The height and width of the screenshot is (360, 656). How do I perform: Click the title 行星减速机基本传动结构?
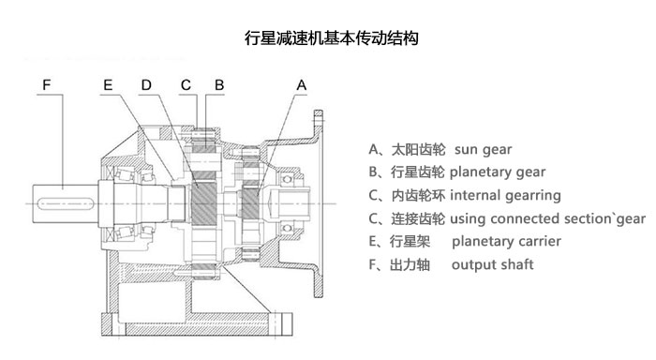[x=329, y=39]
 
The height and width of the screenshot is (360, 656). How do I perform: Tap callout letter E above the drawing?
[x=109, y=85]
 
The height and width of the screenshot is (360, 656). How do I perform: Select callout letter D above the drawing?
[x=146, y=85]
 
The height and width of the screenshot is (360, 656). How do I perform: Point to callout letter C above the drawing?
[x=187, y=85]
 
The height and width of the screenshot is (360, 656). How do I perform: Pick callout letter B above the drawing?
[x=218, y=85]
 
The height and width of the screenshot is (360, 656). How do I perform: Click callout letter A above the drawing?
[x=301, y=85]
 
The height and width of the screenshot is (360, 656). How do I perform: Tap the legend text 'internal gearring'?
[x=505, y=196]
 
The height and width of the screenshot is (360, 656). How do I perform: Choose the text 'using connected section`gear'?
[x=548, y=219]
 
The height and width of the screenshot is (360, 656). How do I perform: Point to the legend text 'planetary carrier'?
[x=506, y=242]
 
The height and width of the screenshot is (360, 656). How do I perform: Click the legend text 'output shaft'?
[x=492, y=265]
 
